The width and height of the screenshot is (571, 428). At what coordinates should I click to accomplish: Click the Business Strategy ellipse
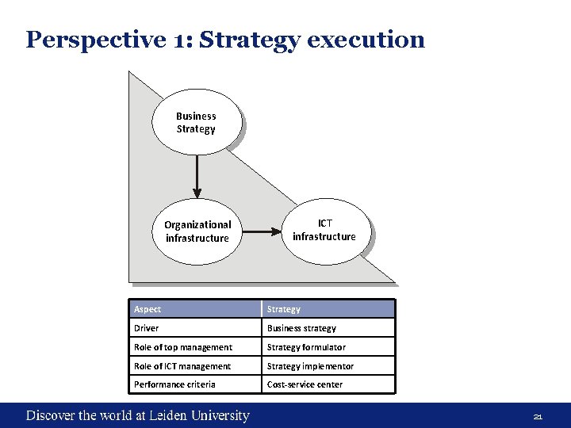pyautogui.click(x=196, y=122)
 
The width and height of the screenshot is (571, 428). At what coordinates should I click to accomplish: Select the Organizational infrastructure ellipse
pyautogui.click(x=197, y=231)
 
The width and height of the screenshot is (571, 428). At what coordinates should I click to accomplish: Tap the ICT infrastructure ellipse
pyautogui.click(x=324, y=230)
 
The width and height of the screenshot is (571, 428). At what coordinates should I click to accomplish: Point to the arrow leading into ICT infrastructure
pyautogui.click(x=263, y=232)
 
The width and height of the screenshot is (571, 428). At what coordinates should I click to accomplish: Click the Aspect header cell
pyautogui.click(x=195, y=309)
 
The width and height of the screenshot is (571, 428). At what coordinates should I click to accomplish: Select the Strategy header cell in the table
pyautogui.click(x=328, y=309)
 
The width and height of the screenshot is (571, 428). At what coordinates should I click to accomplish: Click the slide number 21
pyautogui.click(x=537, y=417)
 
